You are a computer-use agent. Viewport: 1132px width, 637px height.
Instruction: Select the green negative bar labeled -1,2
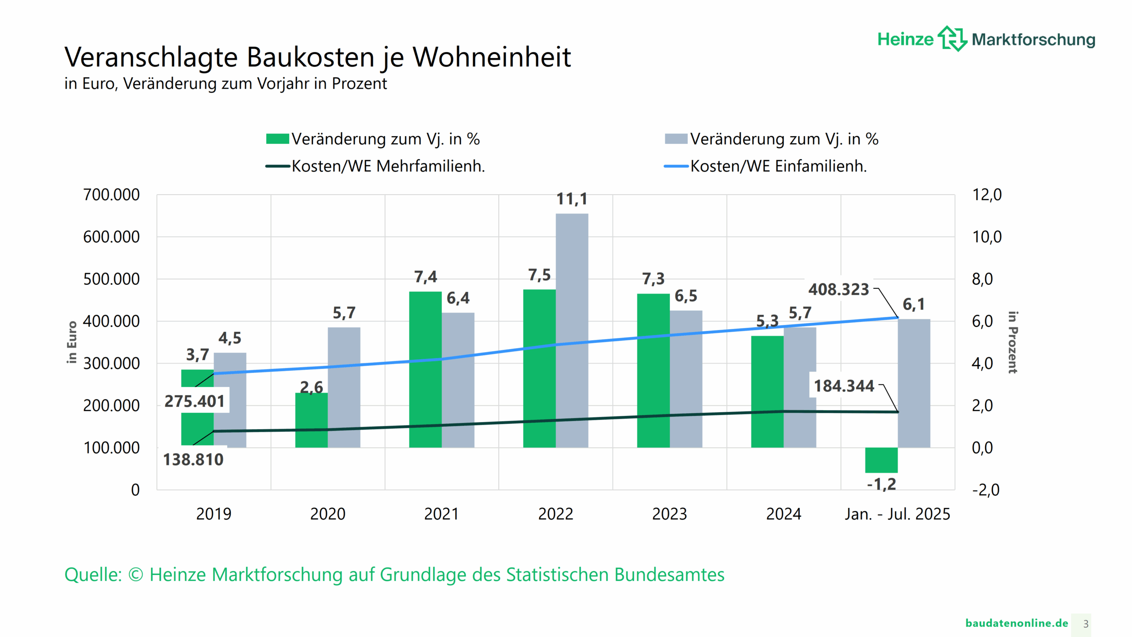tap(881, 460)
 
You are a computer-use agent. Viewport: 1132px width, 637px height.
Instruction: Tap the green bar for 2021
tap(425, 369)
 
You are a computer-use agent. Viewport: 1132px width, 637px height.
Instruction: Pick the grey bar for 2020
tap(344, 387)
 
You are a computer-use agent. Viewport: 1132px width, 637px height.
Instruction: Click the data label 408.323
tap(838, 289)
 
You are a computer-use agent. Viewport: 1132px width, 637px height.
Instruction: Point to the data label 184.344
tap(844, 386)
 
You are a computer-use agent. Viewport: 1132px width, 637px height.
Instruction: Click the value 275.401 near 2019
tap(195, 401)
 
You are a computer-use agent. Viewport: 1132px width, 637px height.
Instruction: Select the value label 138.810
tap(193, 460)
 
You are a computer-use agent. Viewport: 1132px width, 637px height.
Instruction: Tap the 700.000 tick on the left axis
tap(111, 195)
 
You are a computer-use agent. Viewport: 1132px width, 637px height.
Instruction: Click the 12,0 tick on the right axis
tap(987, 195)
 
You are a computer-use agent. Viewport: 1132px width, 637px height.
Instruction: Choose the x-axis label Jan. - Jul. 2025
tap(897, 514)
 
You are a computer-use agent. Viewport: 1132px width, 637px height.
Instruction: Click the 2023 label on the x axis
tap(669, 514)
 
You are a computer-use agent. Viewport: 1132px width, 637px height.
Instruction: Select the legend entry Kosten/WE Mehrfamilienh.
tap(388, 166)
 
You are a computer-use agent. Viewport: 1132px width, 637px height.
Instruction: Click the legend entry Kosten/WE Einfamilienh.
tap(778, 166)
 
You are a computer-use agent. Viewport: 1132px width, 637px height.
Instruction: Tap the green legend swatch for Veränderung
tap(277, 139)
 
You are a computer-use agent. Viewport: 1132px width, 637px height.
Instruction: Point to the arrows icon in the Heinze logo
tap(952, 38)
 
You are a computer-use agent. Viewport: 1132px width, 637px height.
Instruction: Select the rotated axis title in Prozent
tap(1013, 342)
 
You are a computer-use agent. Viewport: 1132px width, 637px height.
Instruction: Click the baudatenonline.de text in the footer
tap(1017, 623)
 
